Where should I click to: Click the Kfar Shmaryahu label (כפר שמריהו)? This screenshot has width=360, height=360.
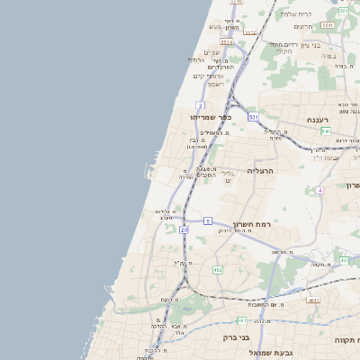(211, 117)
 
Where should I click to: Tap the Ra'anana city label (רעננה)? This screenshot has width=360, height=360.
(319, 119)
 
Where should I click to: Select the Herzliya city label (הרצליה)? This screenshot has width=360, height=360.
(259, 170)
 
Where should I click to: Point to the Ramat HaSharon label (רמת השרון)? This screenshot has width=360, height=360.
(252, 224)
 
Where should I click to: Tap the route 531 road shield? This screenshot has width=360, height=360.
(254, 117)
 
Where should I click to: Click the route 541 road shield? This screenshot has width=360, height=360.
(325, 131)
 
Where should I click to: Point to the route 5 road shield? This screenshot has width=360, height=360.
(207, 220)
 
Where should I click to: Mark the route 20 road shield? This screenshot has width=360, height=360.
(184, 229)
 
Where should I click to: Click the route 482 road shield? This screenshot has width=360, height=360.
(217, 269)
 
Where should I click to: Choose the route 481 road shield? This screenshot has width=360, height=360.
(242, 319)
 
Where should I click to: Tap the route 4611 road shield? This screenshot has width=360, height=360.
(312, 300)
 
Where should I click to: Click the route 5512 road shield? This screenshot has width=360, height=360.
(249, 33)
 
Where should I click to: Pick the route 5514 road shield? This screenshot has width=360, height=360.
(227, 41)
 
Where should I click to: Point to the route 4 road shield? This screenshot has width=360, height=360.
(319, 191)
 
